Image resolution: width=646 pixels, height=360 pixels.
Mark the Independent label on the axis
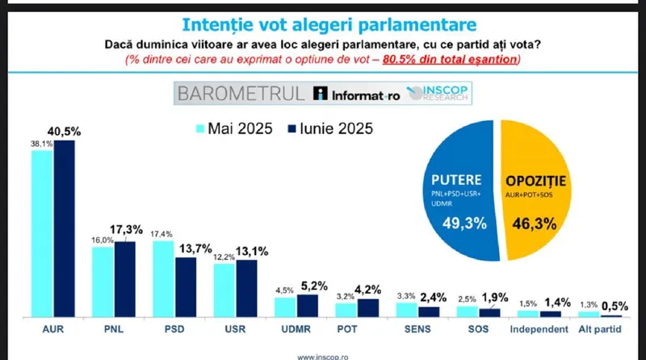click(539, 331)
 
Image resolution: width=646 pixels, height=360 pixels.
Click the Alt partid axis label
click(600, 331)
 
